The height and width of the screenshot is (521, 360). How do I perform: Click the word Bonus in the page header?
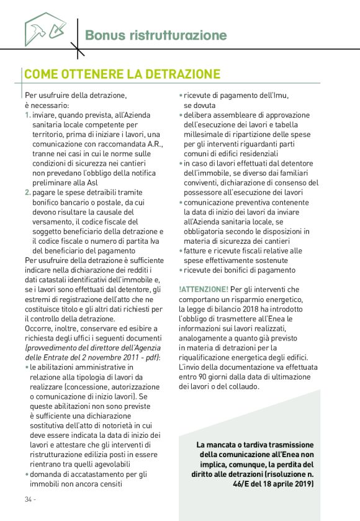point(102,35)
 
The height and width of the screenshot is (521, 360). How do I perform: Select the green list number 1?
point(27,115)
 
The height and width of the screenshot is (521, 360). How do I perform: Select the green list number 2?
point(27,192)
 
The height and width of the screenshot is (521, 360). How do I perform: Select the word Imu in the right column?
point(280,96)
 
